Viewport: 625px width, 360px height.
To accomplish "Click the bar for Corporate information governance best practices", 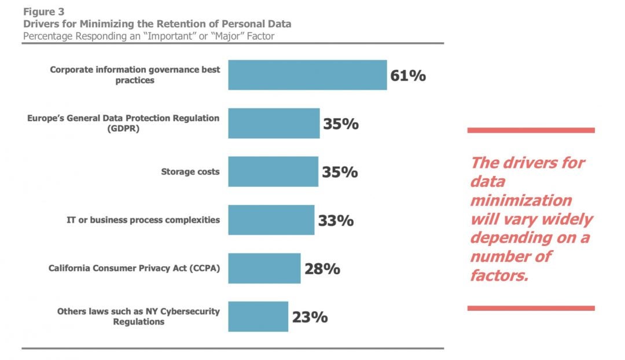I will coord(307,75).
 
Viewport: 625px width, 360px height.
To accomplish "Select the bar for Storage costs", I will coord(273,172).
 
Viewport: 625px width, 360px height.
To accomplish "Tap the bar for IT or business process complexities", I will coord(271,220).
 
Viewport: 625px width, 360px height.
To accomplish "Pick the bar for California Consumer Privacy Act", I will coord(264,269).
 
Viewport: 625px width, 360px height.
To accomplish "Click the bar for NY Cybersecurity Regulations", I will coord(258,317).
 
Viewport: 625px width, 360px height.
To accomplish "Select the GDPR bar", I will coord(274,123).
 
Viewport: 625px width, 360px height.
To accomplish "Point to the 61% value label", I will coord(408,75).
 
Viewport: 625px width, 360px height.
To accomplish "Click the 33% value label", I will coord(336,221).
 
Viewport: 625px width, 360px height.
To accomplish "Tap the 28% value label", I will coord(322,269).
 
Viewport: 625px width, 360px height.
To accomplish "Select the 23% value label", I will coord(310,317).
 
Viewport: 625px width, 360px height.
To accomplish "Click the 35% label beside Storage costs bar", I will coord(340,172).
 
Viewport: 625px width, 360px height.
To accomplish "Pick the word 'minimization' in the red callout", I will coord(520,200).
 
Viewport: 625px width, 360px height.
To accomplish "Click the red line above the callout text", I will coord(531,130).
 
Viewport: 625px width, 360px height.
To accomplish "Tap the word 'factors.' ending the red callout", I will coord(499,275).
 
